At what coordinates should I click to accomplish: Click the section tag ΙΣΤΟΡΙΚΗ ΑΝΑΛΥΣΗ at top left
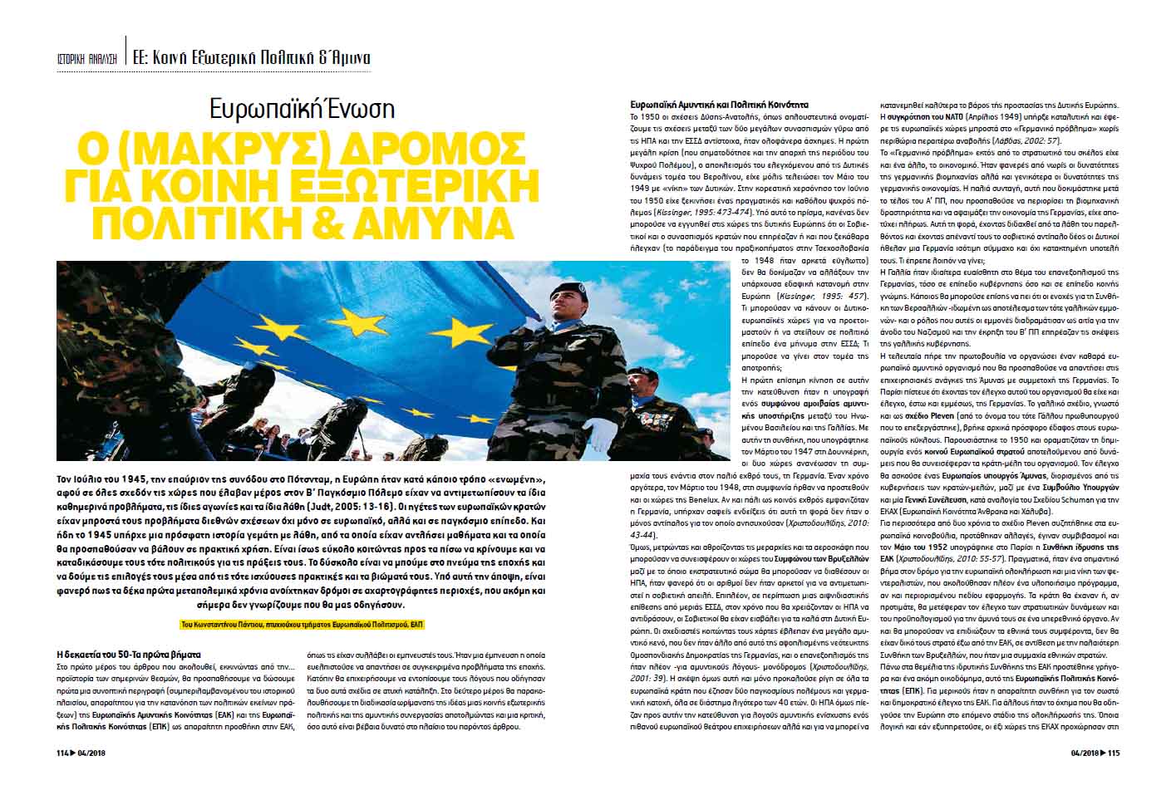point(83,59)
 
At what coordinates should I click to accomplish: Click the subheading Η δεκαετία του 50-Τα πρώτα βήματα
point(129,654)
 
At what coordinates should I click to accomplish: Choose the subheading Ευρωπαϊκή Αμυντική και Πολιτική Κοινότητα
point(719,106)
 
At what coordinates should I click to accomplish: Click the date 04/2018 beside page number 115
point(1083,753)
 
